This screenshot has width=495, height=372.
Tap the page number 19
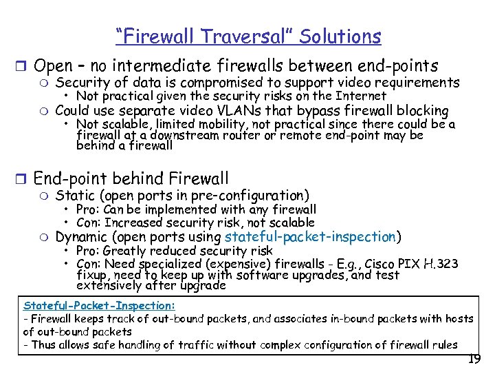(x=473, y=359)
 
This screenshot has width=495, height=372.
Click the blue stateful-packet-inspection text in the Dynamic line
(x=310, y=237)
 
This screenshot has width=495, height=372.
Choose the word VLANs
(x=247, y=111)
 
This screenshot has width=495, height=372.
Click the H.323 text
(x=443, y=264)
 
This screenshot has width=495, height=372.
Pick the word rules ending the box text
(x=444, y=344)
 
